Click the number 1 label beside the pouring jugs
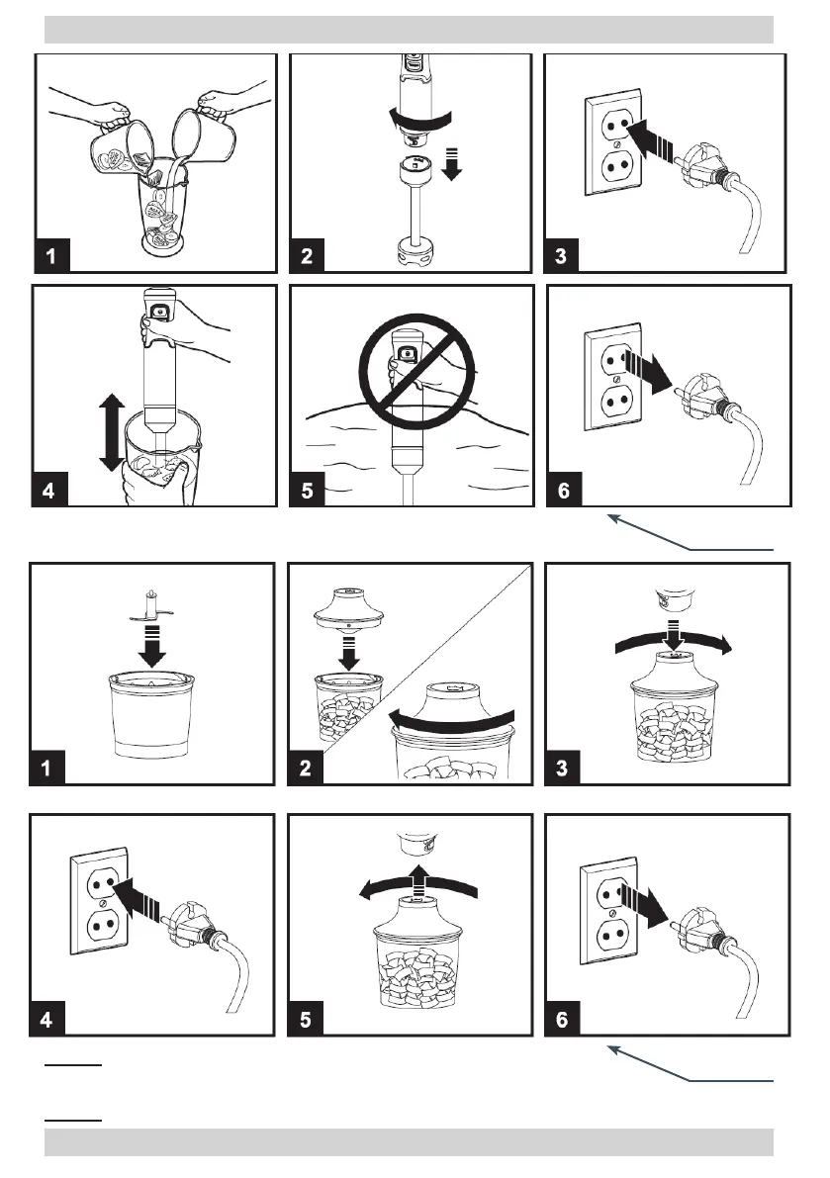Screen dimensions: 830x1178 (51, 255)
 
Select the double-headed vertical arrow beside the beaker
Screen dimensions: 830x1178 (111, 433)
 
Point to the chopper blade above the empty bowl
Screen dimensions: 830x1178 (151, 607)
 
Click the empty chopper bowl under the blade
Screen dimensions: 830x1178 (151, 714)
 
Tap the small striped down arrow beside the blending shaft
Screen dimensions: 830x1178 (451, 164)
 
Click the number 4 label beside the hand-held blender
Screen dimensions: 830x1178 (49, 491)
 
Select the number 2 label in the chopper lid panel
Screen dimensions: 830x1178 (305, 768)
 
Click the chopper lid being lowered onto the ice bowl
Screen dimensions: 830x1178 (348, 607)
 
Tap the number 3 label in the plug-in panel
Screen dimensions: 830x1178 (560, 255)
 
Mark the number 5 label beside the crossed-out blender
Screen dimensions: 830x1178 (308, 491)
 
